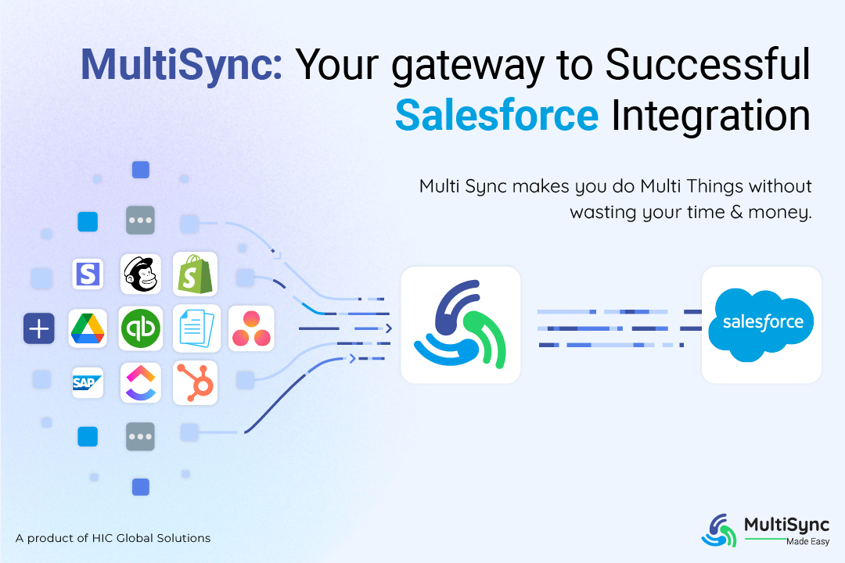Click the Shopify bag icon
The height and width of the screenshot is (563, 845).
195,274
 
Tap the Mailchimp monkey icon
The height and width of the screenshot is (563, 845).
141,274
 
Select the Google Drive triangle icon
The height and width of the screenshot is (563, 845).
88,328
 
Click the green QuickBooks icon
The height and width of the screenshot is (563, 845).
141,328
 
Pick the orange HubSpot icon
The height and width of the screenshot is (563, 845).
195,382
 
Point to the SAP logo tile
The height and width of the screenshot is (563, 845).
88,382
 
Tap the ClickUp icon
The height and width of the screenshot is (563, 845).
141,382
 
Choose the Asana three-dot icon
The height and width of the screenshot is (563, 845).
250,328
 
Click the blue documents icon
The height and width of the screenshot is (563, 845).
195,328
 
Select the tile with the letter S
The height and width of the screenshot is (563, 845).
88,274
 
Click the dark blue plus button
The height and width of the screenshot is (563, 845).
38,328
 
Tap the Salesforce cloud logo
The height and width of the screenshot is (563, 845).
761,324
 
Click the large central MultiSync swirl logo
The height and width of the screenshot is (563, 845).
460,325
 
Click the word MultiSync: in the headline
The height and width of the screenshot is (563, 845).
182,68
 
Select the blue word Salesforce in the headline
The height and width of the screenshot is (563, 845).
497,115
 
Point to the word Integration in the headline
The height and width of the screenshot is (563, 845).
710,115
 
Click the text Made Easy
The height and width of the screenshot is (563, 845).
807,541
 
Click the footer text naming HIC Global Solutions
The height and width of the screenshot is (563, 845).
113,538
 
